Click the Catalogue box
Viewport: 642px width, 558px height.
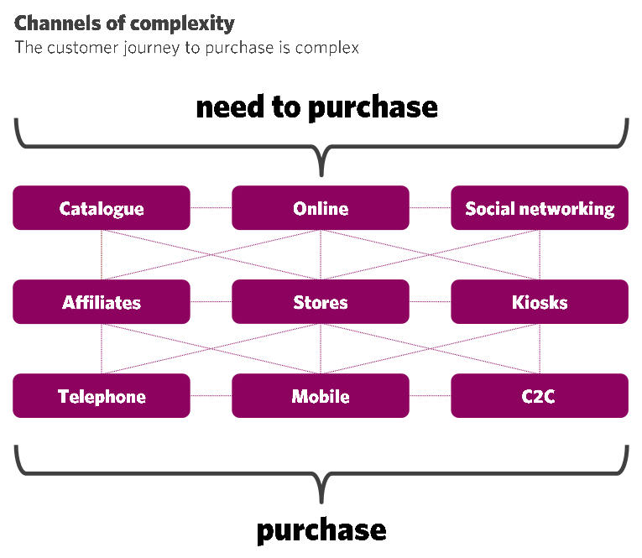pos(102,208)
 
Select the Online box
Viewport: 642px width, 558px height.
pos(321,208)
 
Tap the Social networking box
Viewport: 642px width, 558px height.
pos(540,208)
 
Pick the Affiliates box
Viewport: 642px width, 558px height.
pos(102,302)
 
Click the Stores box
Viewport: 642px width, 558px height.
pos(321,302)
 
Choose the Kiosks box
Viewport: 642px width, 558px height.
pos(540,302)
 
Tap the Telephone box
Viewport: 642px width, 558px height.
pos(102,396)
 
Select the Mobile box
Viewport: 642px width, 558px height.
pos(321,396)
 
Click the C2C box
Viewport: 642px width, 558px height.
pos(540,396)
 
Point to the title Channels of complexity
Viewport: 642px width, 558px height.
pos(124,23)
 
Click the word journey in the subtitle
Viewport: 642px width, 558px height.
pos(152,49)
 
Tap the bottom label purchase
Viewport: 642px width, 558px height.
pos(321,531)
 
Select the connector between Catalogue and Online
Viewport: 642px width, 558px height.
pos(211,208)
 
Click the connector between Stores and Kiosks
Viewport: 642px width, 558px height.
pos(431,302)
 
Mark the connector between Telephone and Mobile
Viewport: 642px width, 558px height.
pos(211,396)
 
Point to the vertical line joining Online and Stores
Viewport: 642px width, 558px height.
pos(321,254)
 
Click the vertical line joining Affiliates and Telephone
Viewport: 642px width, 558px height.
pos(102,349)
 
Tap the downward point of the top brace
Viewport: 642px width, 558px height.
pos(321,176)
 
